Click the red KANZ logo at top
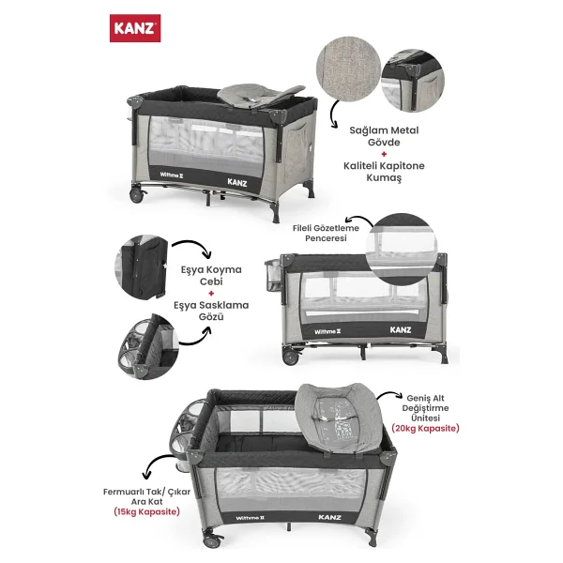135,28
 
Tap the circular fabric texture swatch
348,68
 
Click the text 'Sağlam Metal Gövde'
384,136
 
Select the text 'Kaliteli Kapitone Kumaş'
384,172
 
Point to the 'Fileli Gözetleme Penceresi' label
326,233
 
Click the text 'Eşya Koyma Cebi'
211,275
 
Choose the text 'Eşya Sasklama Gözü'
211,311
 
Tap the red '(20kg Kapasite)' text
425,429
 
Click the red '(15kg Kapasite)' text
147,511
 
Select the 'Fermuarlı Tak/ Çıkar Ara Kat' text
147,496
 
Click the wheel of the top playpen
137,196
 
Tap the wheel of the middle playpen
291,358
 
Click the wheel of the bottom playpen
211,540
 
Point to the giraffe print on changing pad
341,420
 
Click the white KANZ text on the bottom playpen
329,517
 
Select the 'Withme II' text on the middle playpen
327,332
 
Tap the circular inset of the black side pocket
142,266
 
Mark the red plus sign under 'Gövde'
384,154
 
